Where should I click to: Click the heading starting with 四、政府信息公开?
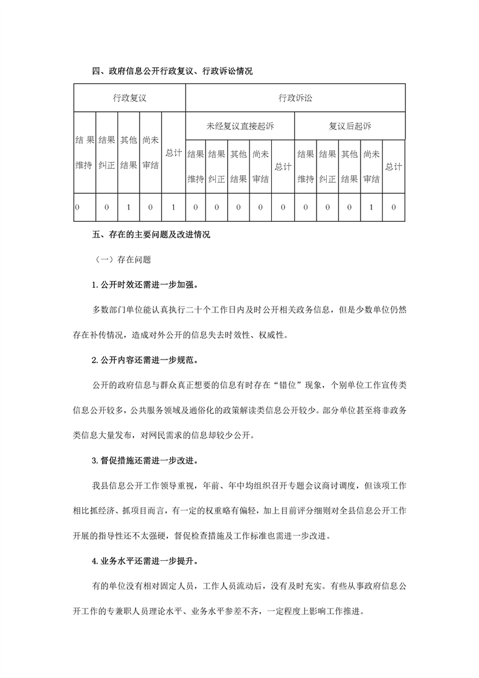tap(172, 71)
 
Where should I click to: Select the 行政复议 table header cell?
tap(129, 97)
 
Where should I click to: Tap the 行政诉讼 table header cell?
tap(295, 97)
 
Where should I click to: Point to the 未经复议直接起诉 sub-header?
tap(239, 126)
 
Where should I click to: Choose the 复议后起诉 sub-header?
tap(350, 126)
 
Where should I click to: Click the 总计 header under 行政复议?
tap(173, 153)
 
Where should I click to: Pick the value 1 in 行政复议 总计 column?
tap(173, 207)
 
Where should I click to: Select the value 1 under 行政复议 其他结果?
tap(129, 207)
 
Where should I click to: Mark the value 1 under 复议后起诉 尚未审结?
tap(371, 207)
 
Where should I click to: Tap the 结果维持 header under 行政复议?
tap(85, 153)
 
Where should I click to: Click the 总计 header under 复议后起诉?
tap(393, 166)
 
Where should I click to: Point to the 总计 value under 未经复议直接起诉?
tap(282, 207)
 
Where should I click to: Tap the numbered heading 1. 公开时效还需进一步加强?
tap(146, 285)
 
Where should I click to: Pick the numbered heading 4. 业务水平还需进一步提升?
tap(146, 561)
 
